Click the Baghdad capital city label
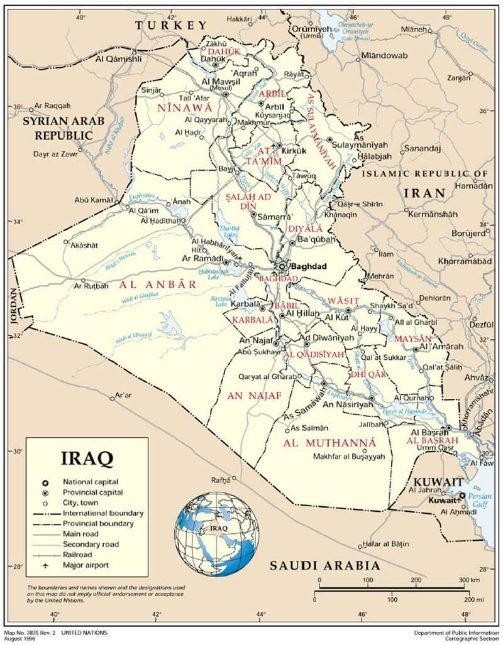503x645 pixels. click(x=309, y=266)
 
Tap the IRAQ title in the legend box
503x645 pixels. click(x=87, y=457)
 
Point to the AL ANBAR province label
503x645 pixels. click(x=158, y=284)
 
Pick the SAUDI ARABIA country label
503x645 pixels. click(x=324, y=566)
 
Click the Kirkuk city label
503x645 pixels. click(x=293, y=151)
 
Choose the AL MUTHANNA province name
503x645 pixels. click(x=329, y=443)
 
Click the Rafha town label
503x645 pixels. click(x=221, y=480)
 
